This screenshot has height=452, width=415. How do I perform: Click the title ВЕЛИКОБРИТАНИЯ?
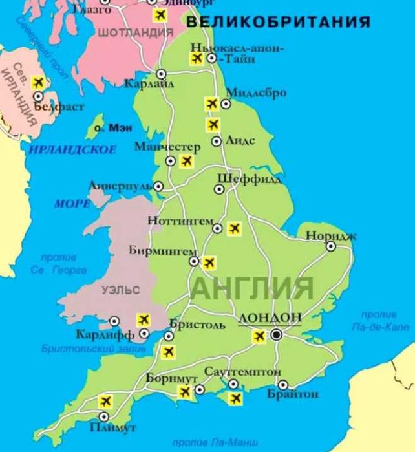coord(278,23)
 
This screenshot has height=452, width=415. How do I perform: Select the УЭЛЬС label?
coord(120,292)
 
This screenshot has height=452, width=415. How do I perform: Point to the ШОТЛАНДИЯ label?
coord(135,32)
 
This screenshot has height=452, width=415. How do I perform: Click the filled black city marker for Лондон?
coord(277,334)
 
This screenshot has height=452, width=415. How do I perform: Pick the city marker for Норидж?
coord(330,246)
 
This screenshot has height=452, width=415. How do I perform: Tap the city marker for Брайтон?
coord(282,383)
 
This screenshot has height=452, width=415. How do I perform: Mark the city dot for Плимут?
coord(103,416)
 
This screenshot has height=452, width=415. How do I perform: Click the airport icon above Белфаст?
coord(38,82)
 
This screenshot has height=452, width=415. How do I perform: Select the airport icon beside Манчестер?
coord(186,161)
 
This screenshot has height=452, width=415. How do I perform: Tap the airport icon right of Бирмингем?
coord(209,263)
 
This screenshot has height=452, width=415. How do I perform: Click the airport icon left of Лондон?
coord(259,336)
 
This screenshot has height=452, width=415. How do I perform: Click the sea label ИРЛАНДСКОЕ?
coord(72,150)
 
